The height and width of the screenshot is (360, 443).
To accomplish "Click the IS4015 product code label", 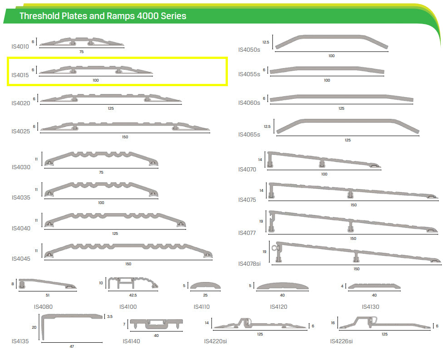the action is click(20, 75).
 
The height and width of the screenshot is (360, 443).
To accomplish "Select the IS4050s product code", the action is click(249, 50).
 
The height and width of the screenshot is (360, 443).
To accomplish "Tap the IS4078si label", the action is click(249, 263).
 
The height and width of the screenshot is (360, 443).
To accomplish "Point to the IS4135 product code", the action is click(20, 341).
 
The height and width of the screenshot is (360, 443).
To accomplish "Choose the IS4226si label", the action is click(341, 341).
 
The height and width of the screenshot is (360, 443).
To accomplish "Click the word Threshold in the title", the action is click(39, 16).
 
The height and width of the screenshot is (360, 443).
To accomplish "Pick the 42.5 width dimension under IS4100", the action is click(133, 295).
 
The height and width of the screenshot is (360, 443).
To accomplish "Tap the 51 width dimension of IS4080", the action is click(48, 295).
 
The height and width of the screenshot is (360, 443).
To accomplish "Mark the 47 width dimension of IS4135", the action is click(72, 346).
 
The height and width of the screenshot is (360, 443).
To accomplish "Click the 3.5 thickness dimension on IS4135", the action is click(110, 316).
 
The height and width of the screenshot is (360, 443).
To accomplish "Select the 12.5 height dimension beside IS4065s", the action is click(267, 126).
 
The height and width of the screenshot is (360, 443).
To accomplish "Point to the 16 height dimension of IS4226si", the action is click(333, 323).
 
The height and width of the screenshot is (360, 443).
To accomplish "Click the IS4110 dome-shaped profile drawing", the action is click(206, 286).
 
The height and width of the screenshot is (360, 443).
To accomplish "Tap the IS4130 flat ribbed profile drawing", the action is click(374, 286).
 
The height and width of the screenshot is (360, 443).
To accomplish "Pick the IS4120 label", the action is click(279, 306).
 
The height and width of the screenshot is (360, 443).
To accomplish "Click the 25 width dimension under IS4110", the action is click(206, 295).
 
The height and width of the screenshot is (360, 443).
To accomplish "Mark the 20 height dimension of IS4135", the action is click(34, 327).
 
